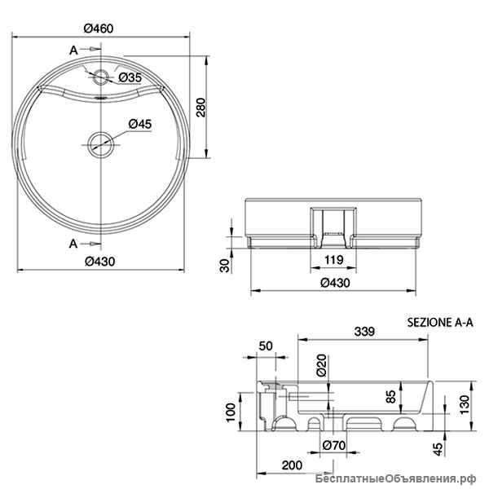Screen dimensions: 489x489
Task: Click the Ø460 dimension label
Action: pos(99,29)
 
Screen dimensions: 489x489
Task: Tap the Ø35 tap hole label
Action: pos(130,77)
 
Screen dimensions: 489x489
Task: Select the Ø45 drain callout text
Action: pos(140,124)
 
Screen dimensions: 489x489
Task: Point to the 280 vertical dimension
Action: pos(201,108)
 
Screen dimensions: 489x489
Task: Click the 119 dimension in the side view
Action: pos(333,259)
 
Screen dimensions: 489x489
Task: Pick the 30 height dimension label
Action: pos(225,265)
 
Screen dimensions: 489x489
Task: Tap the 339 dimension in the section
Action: pos(364,331)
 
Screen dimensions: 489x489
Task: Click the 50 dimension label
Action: pos(266,346)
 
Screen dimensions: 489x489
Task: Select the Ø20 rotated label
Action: pos(321,364)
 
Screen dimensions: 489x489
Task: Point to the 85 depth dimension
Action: pos(390,396)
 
